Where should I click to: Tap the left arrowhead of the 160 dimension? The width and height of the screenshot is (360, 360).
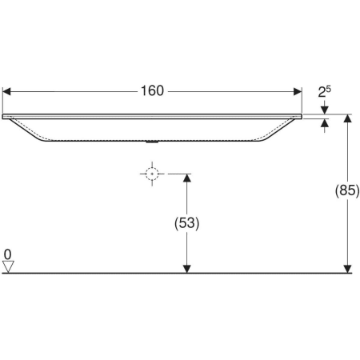click(8, 90)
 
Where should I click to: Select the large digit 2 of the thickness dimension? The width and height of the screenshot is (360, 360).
click(322, 93)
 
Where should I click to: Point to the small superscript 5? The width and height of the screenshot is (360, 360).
click(329, 88)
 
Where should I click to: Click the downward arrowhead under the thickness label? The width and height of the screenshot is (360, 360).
click(324, 110)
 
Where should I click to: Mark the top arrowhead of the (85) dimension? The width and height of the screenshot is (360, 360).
click(347, 118)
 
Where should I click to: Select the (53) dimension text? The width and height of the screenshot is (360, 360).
click(186, 223)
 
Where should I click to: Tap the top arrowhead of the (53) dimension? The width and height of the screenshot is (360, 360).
click(186, 178)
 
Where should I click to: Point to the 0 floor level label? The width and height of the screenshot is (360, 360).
click(8, 255)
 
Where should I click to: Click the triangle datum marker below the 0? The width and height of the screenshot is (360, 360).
click(9, 267)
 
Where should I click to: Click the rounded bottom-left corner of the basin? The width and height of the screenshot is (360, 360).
click(40, 141)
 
